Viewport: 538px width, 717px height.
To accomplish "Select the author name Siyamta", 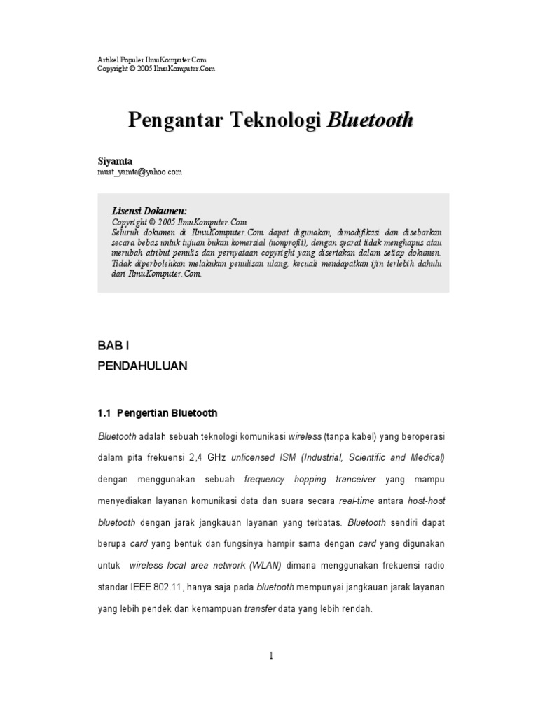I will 115,161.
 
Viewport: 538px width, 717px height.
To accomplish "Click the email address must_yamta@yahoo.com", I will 139,172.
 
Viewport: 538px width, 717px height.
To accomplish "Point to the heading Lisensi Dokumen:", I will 149,211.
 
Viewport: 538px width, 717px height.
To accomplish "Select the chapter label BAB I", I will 113,346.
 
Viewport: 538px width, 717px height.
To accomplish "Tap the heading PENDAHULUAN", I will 142,366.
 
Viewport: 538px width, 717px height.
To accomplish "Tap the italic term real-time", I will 357,501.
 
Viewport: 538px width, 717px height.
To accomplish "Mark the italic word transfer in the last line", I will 259,609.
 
